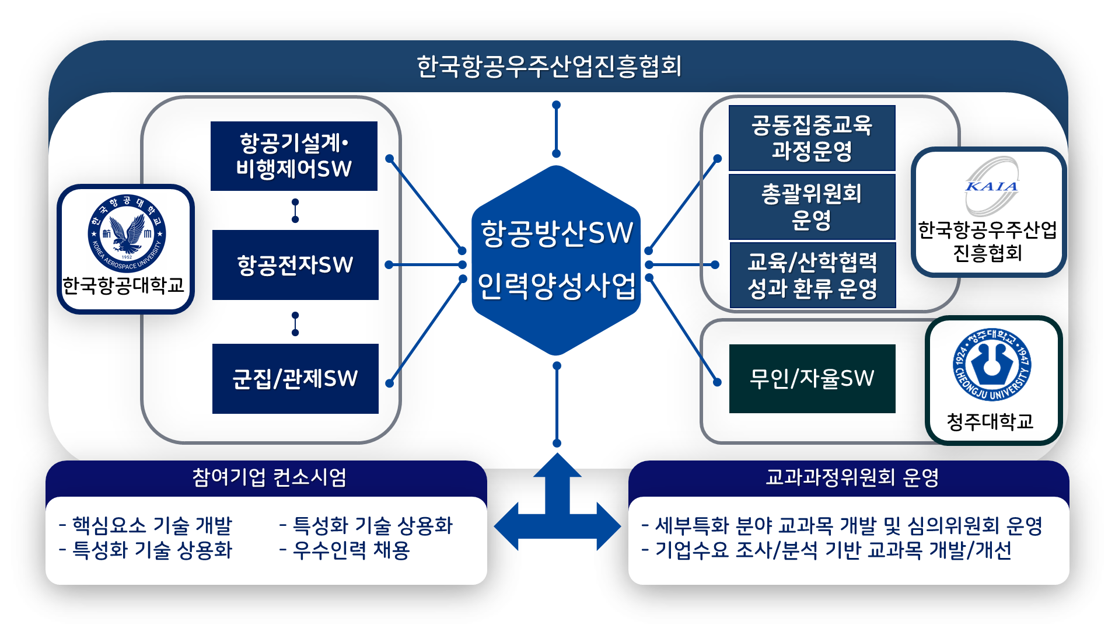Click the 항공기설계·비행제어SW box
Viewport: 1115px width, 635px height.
pos(294,156)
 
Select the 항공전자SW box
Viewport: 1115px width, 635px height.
pos(295,265)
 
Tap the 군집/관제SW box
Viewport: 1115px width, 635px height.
pos(295,379)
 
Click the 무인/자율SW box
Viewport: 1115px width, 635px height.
pos(812,379)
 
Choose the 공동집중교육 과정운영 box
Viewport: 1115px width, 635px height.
pos(812,138)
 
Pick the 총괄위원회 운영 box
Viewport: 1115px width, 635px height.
pos(812,207)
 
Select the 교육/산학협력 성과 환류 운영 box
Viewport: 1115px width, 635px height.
pos(812,275)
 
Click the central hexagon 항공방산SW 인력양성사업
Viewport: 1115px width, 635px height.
pos(556,260)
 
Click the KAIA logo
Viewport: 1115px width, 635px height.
pos(991,186)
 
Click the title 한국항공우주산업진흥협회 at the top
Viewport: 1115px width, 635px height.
pos(549,67)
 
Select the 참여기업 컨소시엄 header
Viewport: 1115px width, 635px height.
pos(269,477)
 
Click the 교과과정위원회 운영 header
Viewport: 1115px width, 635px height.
pos(852,477)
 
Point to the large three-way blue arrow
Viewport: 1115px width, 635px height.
pos(557,514)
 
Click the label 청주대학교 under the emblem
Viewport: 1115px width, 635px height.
pos(990,421)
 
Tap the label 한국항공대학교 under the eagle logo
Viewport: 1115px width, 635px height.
pos(124,285)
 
